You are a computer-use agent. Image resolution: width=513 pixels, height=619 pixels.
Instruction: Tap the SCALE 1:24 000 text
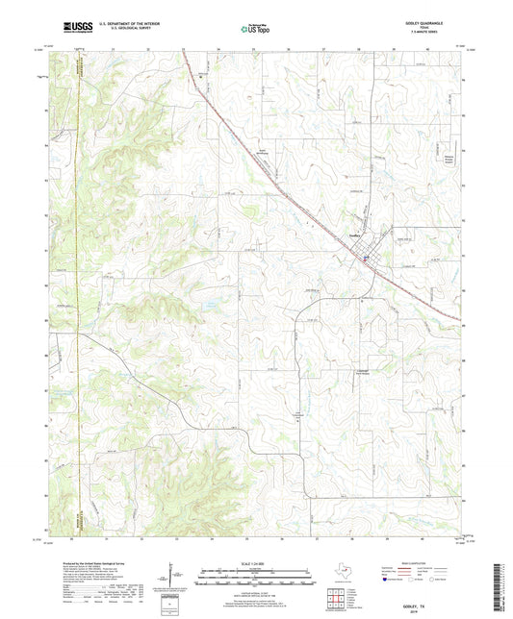pyautogui.click(x=256, y=562)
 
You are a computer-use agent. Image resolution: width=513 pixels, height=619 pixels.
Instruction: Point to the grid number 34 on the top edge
pyautogui.click(x=219, y=47)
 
